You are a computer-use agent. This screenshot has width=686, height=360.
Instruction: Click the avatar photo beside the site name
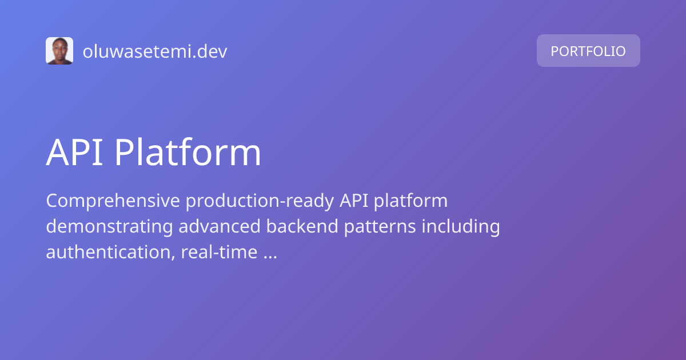point(59,51)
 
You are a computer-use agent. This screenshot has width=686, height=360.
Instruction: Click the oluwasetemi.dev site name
point(155,51)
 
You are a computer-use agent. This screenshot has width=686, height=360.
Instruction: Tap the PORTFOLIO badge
point(588,51)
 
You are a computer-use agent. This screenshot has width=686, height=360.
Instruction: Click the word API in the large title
point(74,153)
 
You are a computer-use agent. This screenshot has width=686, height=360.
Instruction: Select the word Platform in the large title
point(188,153)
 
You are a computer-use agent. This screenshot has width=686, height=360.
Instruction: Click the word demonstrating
point(109,227)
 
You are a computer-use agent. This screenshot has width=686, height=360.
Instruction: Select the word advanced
point(220,227)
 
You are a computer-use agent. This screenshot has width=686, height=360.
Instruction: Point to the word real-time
point(218,252)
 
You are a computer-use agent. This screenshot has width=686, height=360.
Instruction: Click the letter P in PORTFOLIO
point(555,51)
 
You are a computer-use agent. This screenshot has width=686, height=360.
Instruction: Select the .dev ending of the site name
point(213,51)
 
